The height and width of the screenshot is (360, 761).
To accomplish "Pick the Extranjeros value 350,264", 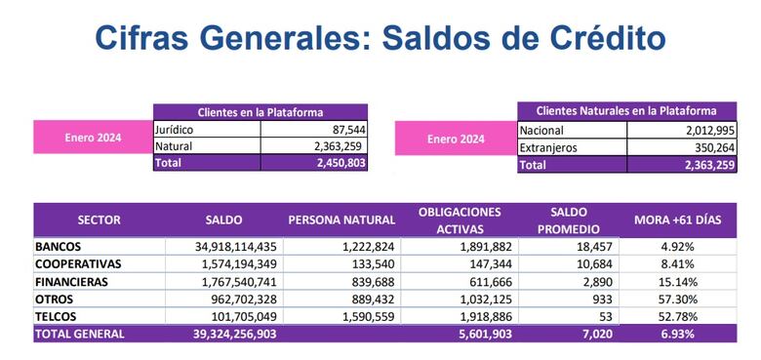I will [707, 148].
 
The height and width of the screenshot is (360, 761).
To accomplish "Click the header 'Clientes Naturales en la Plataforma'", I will [624, 111].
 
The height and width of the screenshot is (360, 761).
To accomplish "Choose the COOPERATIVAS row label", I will [77, 264].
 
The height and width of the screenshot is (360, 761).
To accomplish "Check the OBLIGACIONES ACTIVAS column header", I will [459, 220].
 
